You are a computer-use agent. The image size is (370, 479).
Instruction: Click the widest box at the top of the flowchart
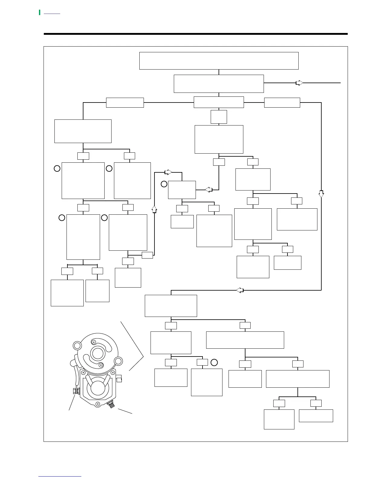click(x=219, y=61)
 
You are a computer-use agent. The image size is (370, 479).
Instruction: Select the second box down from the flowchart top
click(x=219, y=84)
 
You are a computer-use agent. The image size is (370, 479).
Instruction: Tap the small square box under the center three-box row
click(x=219, y=117)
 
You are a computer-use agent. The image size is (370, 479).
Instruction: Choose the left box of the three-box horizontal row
click(x=125, y=103)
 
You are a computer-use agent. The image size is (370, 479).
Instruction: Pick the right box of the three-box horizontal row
click(x=282, y=103)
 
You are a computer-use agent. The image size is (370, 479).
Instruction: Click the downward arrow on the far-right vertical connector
click(x=321, y=194)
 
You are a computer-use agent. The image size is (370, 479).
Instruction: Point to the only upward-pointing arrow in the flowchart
click(x=154, y=209)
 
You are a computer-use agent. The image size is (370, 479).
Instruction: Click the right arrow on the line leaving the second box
click(x=299, y=83)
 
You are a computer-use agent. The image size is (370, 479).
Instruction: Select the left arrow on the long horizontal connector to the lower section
click(x=240, y=290)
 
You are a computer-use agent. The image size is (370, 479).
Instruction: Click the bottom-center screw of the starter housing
click(x=97, y=404)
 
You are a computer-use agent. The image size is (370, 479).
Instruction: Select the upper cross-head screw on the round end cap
click(x=94, y=342)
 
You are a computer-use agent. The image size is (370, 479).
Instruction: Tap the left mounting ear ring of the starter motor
click(x=77, y=346)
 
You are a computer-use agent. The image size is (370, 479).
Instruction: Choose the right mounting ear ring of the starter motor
click(x=118, y=361)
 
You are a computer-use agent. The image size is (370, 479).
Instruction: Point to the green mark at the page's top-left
click(x=40, y=12)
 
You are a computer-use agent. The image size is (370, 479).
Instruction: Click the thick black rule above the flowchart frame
click(x=196, y=34)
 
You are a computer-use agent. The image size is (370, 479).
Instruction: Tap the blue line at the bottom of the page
click(x=60, y=477)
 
